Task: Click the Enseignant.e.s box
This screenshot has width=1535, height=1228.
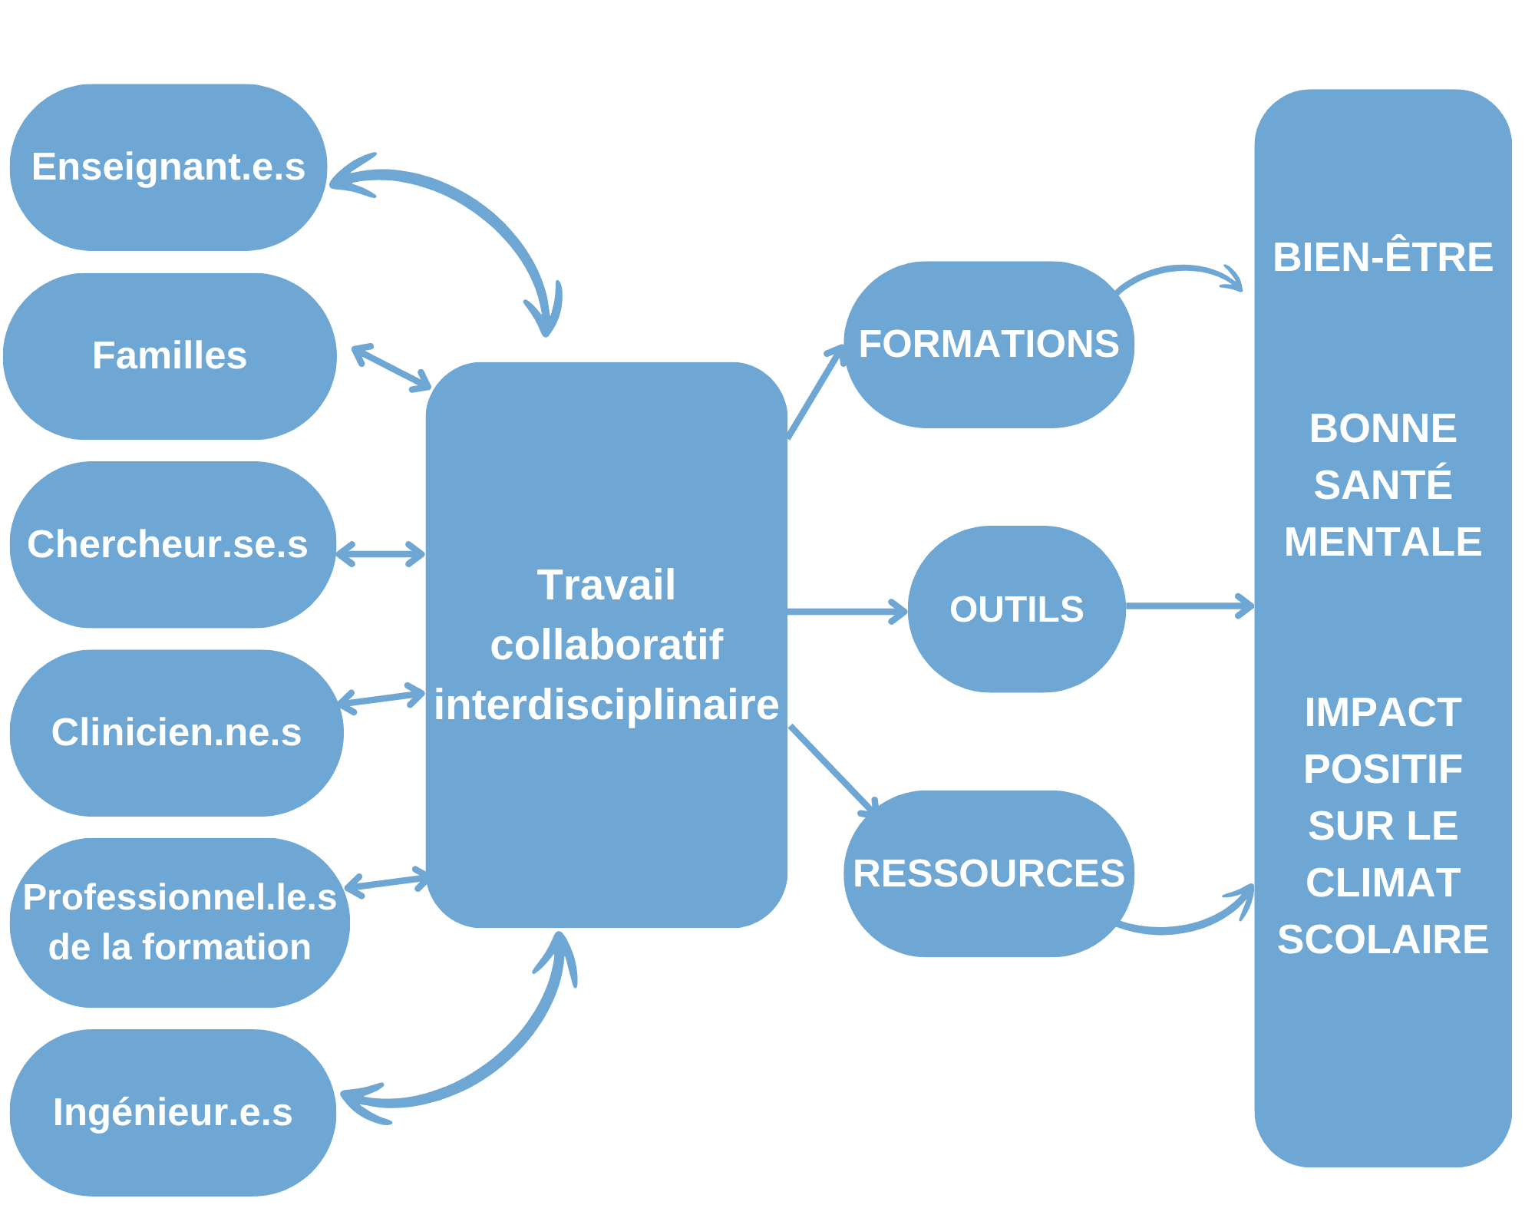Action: [x=168, y=167]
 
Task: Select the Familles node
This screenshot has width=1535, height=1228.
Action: [x=170, y=356]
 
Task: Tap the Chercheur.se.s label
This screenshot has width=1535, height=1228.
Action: [x=168, y=544]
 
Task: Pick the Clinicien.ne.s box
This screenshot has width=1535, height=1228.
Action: [x=176, y=732]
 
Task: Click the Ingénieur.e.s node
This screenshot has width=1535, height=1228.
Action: [x=173, y=1112]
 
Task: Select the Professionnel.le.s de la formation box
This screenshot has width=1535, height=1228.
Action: [x=179, y=922]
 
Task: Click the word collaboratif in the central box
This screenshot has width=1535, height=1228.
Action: [x=606, y=645]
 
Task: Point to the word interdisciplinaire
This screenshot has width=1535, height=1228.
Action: [x=606, y=705]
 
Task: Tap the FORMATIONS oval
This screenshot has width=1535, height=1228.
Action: [x=989, y=344]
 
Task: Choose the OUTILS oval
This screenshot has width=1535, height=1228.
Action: [x=1016, y=609]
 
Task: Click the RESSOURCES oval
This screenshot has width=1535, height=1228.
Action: [x=989, y=873]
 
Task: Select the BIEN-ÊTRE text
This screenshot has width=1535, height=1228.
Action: [x=1382, y=257]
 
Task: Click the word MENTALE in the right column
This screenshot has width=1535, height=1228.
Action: [x=1382, y=542]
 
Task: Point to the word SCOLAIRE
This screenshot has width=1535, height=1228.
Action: [x=1382, y=939]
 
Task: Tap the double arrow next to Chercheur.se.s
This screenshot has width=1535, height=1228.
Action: [x=381, y=553]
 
